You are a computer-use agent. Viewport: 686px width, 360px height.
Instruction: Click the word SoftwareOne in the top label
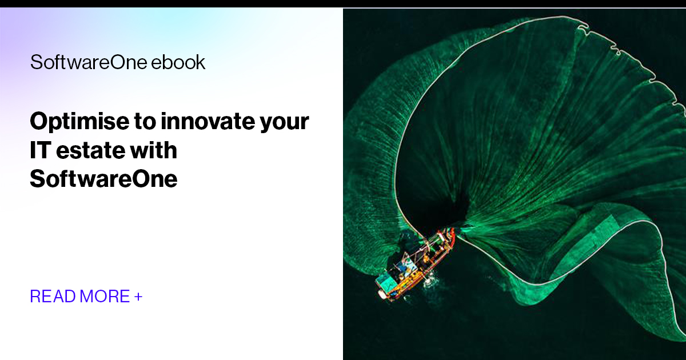coord(89,62)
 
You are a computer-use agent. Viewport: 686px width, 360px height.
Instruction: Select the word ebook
coord(178,62)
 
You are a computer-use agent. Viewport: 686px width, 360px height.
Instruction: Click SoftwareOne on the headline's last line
coord(103,179)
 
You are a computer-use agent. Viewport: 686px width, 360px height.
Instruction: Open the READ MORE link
coord(86,297)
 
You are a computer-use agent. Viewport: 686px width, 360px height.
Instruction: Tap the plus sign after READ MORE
coord(138,297)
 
